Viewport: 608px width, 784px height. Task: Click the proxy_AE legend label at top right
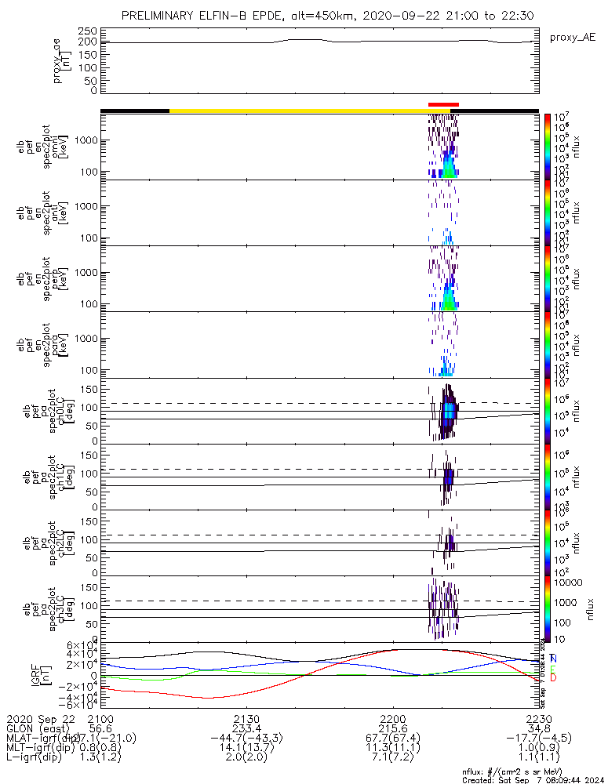pyautogui.click(x=571, y=37)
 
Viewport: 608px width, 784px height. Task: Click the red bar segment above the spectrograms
pyautogui.click(x=443, y=104)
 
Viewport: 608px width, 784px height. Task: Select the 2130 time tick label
pyautogui.click(x=246, y=719)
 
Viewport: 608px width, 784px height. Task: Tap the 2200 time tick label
pyautogui.click(x=392, y=719)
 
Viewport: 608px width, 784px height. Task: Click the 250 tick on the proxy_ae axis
pyautogui.click(x=88, y=31)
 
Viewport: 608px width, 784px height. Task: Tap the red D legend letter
pyautogui.click(x=553, y=677)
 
